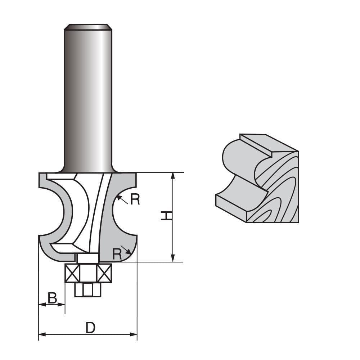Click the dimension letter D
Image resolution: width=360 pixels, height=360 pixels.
coord(90,328)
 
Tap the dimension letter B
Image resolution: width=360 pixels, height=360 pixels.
coord(52,298)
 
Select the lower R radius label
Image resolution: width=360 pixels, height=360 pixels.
coord(117,254)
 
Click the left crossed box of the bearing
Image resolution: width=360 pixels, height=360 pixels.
coord(72,273)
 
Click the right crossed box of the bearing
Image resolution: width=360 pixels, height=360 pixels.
coord(104,273)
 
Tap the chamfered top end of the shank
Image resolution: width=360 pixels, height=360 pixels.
coord(88,27)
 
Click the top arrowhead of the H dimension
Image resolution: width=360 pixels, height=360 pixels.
coord(173,176)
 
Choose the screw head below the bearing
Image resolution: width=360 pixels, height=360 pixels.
coord(87,290)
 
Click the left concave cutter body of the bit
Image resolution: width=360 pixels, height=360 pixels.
coord(54,216)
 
